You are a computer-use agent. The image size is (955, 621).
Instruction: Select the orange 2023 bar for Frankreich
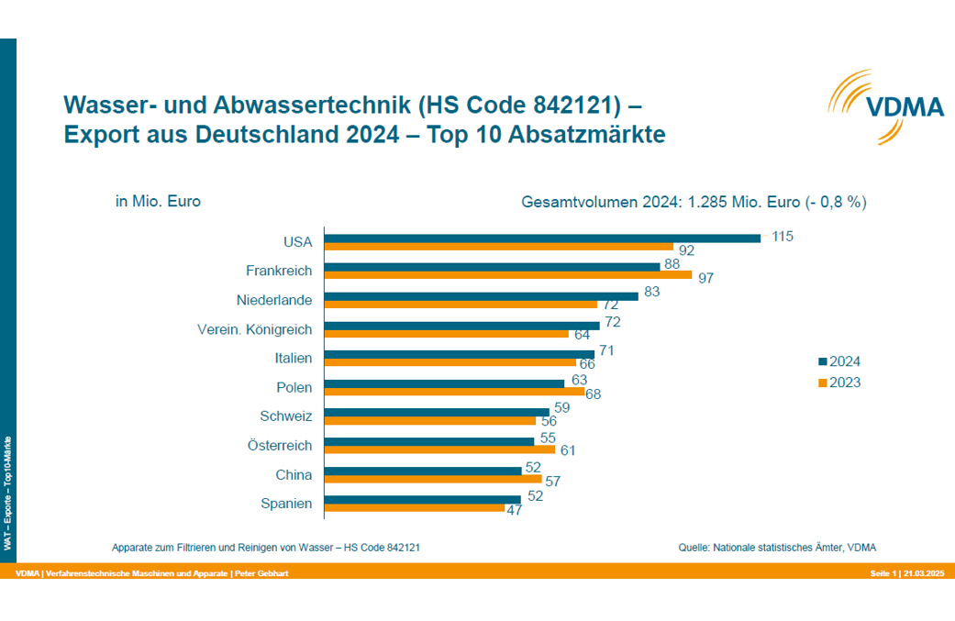(508, 275)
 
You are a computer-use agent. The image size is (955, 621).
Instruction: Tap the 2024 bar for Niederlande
(482, 296)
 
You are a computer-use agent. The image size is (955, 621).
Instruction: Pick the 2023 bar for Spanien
(415, 508)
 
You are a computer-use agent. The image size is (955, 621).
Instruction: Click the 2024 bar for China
(423, 471)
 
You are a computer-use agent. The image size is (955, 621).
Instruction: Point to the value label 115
(782, 237)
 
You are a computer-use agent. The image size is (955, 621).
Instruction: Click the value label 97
(705, 278)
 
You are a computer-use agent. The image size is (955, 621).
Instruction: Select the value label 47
(514, 511)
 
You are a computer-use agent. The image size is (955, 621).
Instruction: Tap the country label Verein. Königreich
(255, 329)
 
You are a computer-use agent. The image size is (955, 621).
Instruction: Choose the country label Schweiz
(286, 416)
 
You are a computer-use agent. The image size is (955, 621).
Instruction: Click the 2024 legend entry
(838, 361)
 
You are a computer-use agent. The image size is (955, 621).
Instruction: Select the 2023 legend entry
(838, 383)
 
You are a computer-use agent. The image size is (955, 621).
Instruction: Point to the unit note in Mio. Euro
(158, 201)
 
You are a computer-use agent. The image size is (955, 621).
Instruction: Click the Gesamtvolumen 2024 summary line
(694, 202)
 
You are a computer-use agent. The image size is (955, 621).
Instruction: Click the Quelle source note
(777, 548)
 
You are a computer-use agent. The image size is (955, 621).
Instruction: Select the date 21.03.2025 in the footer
(924, 573)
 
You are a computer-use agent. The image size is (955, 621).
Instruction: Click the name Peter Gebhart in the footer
(261, 573)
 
